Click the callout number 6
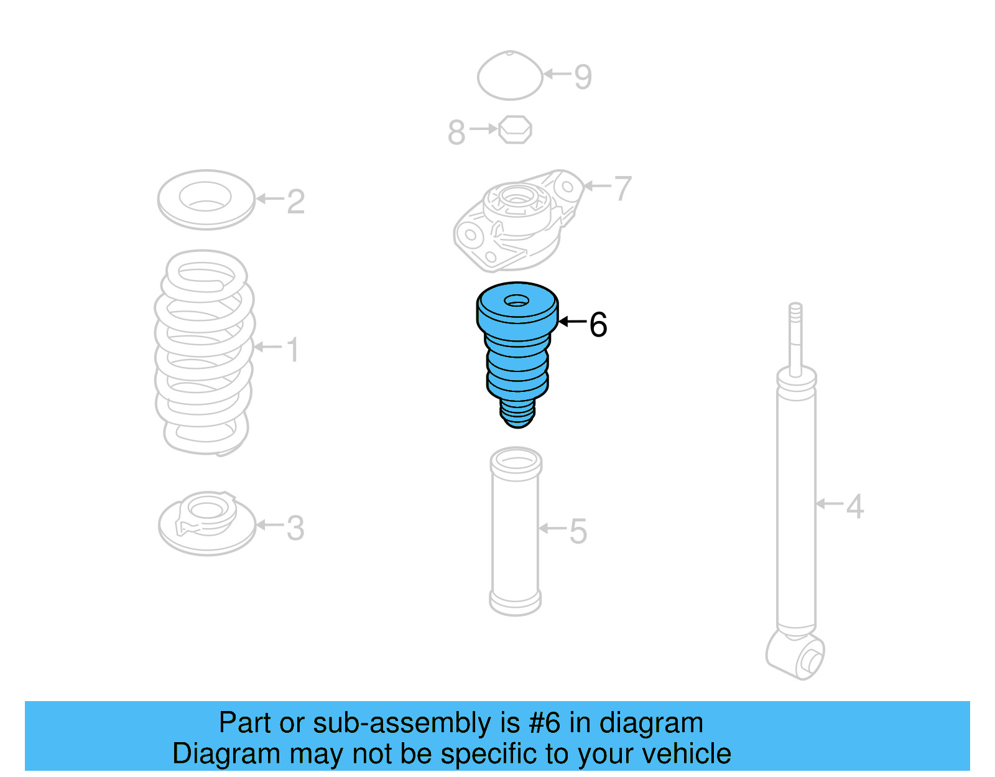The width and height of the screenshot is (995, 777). coord(598,325)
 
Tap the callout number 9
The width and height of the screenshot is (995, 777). coord(583,77)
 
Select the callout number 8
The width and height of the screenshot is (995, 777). coord(456,133)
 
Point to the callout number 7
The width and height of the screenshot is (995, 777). coord(622,188)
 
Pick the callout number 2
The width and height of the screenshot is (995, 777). coord(296,202)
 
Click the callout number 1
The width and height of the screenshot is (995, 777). coord(293,350)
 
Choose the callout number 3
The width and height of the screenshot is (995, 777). coord(295,528)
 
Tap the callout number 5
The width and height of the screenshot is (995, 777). coord(578,531)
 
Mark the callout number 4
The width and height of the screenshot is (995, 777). coord(855,506)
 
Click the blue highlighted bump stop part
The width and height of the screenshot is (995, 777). coord(517,355)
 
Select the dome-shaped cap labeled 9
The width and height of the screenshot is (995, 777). coord(510,75)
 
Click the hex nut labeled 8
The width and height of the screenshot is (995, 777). coord(515,129)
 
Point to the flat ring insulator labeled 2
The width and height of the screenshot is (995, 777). coord(206,200)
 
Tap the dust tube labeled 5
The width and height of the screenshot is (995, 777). coord(516,532)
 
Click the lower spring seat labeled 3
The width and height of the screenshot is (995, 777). coord(207,524)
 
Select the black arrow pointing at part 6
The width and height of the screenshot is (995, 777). coord(572,322)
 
